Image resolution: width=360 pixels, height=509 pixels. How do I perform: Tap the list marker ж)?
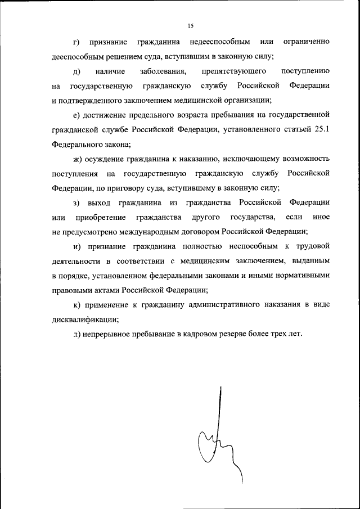(78, 159)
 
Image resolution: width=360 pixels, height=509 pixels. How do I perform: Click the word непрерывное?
(107, 334)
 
